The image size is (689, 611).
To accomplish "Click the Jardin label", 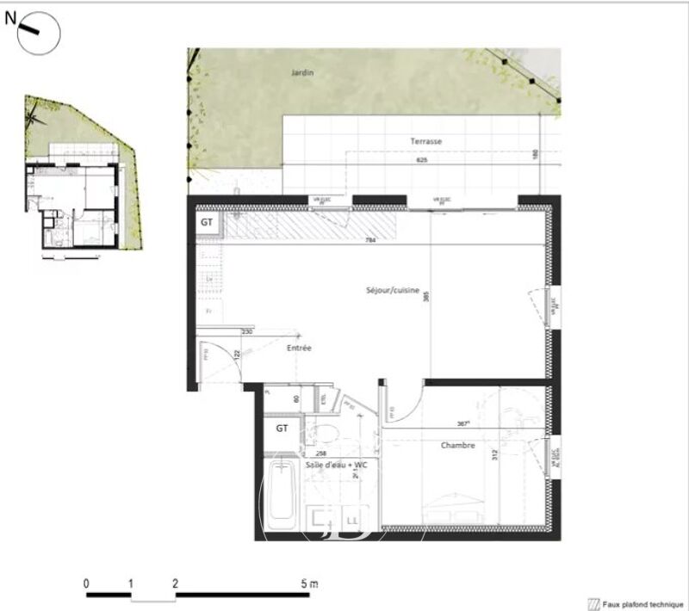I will [x=301, y=73].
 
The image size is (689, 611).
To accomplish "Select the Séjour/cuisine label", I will [x=392, y=291].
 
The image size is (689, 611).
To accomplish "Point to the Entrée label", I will [x=299, y=348].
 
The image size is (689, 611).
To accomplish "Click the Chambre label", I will [x=458, y=445].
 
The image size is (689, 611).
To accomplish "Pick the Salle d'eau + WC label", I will [x=337, y=465].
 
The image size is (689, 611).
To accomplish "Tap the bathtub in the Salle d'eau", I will [x=281, y=497].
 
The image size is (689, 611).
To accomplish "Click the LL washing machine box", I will [x=351, y=520].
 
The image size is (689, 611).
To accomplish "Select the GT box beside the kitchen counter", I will [x=208, y=222].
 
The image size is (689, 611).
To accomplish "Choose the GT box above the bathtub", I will [x=282, y=427].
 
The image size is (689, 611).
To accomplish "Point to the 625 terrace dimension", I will [x=420, y=160].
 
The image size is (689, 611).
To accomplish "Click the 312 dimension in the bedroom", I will [x=495, y=457].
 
